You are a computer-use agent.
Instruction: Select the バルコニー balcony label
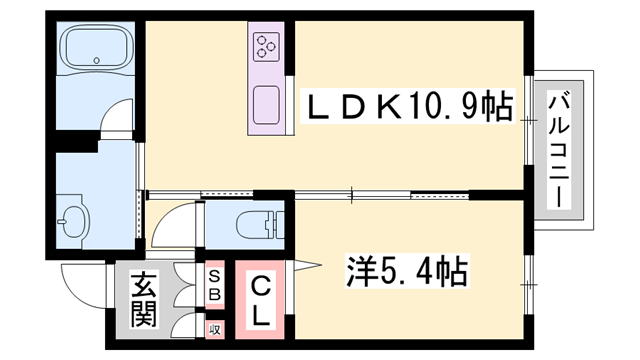(x=560, y=147)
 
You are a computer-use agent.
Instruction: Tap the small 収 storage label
(x=215, y=328)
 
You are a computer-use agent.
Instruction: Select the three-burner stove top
(x=267, y=44)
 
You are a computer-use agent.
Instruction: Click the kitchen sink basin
(x=267, y=104)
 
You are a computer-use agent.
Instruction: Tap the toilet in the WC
(x=256, y=223)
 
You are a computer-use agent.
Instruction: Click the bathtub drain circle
(x=97, y=61)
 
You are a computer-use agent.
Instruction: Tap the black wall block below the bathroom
(x=74, y=141)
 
